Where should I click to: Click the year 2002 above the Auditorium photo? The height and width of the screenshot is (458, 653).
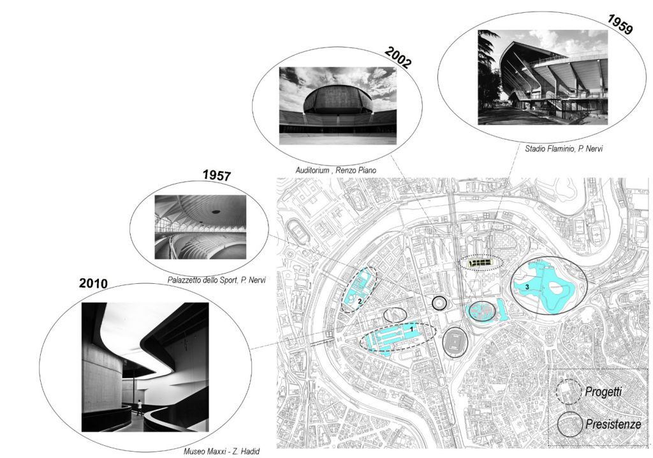tap(398, 57)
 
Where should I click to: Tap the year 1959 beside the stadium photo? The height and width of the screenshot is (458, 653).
tap(620, 24)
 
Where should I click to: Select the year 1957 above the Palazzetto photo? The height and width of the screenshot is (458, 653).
tap(217, 175)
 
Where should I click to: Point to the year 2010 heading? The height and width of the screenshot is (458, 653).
tap(93, 283)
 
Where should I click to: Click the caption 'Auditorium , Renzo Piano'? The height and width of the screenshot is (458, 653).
tap(335, 170)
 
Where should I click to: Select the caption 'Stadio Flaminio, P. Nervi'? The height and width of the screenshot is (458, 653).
tap(564, 149)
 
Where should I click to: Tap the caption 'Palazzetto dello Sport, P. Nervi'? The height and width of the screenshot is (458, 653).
tap(217, 280)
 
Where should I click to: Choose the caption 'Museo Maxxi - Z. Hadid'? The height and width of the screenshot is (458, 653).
tap(221, 452)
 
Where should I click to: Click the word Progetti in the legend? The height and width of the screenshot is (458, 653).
tap(603, 392)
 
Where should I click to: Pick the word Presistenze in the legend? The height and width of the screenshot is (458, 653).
tap(613, 424)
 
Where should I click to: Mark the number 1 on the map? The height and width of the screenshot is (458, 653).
tap(411, 329)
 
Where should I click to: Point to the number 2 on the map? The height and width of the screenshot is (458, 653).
tap(358, 300)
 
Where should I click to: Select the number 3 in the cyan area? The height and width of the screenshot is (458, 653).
tap(527, 286)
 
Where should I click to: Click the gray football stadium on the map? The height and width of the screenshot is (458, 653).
tap(455, 343)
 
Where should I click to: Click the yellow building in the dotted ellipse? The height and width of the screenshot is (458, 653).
tap(481, 263)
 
